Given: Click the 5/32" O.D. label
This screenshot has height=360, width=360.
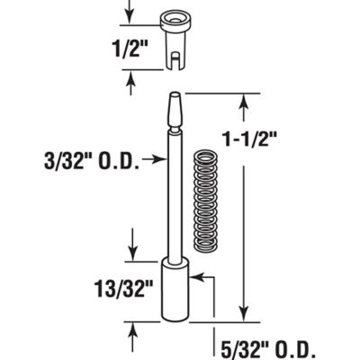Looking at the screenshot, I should (263, 345).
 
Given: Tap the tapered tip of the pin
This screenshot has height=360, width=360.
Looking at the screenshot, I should (173, 113).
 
